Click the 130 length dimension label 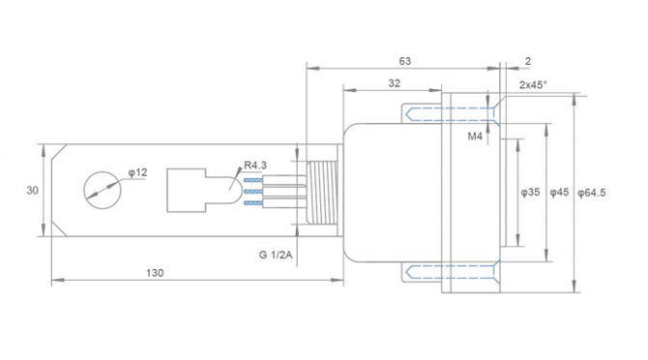pos(155,274)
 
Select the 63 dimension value pos(404,61)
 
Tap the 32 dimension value pos(395,84)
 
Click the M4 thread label pos(475,136)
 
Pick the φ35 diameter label pos(530,194)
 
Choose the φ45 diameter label pos(559,194)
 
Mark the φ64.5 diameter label pos(591,194)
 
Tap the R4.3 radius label pos(255,165)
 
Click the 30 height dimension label pos(32,191)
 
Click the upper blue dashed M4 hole pos(424,113)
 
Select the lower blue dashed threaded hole pos(424,272)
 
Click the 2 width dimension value pos(527,61)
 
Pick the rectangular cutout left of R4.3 pos(186,191)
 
